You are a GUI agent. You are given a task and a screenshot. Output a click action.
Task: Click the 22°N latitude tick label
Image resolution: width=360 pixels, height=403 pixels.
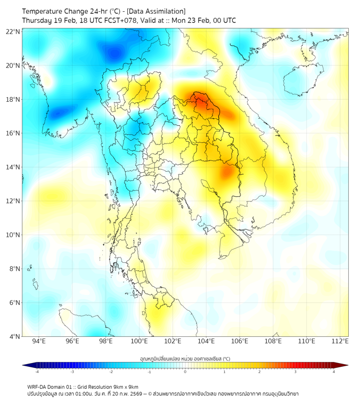point(13,31)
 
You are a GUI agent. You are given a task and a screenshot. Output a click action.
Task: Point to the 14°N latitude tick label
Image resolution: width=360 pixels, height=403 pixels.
point(13,167)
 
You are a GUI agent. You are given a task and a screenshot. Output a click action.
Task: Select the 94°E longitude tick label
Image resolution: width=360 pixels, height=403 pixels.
point(39,342)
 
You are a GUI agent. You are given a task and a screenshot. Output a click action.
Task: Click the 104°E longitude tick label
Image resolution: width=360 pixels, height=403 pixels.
point(206,342)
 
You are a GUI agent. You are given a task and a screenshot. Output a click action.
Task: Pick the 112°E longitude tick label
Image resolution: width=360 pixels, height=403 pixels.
point(340,342)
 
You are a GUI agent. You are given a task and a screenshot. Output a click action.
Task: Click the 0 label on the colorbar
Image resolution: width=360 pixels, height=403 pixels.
point(185,372)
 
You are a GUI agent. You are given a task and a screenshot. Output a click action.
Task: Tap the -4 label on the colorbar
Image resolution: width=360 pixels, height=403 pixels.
point(36,372)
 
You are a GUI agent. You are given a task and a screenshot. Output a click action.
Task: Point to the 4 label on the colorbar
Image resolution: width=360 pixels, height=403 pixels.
point(334,372)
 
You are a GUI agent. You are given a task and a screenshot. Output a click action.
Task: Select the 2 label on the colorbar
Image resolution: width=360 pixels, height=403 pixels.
point(259,372)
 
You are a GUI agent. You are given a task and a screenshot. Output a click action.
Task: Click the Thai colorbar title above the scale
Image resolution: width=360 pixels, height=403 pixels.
point(185,359)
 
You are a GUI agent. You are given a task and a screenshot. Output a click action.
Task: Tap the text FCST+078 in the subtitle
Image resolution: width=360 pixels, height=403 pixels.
point(122,20)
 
